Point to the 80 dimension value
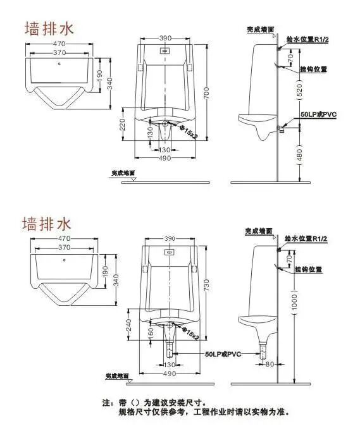tap(268, 364)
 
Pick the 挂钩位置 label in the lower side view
tap(308, 269)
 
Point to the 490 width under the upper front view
tap(165, 157)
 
